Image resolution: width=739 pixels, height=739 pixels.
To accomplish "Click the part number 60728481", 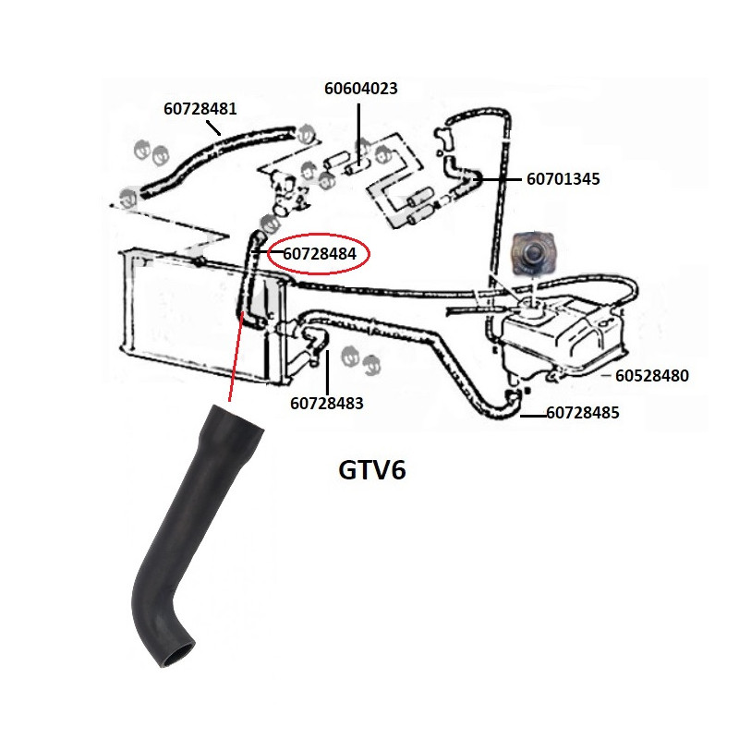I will pos(200,108).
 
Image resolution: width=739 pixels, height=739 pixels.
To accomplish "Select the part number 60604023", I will pos(360,90).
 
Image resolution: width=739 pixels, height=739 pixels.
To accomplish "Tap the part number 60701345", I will pos(563,179).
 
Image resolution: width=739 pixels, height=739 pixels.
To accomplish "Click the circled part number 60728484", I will pos(321,253).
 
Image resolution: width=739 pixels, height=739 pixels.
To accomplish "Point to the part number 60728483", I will pos(326,403).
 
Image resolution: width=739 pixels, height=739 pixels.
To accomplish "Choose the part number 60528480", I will pos(652,376).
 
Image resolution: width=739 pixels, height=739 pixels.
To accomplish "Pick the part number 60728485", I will pos(583,413).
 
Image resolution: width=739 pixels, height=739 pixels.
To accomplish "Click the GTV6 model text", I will pos(372,470).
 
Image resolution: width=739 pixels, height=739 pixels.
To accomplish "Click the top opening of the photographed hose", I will pos(236,416).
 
